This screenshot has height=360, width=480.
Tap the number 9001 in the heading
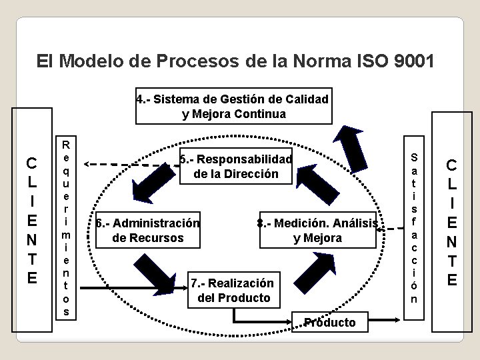[x=412, y=62]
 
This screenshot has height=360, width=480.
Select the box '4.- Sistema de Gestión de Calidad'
[x=233, y=107]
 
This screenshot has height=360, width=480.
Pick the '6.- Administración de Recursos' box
[x=147, y=230]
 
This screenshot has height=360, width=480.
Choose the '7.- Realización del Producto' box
[x=231, y=290]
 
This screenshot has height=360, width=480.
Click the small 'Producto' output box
[x=329, y=323]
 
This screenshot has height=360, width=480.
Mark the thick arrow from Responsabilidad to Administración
[x=154, y=181]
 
